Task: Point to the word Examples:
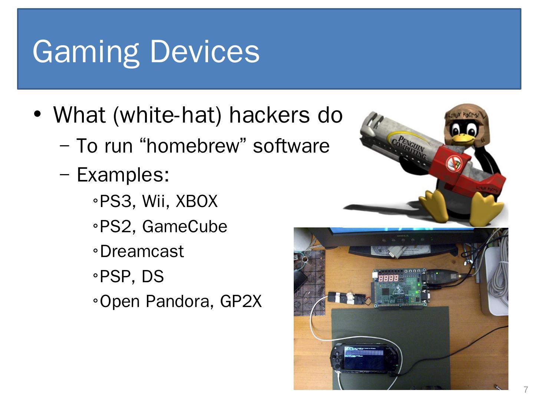pyautogui.click(x=123, y=174)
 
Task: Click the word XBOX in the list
pyautogui.click(x=196, y=201)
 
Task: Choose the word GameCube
pyautogui.click(x=184, y=226)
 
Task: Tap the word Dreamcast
pyautogui.click(x=142, y=251)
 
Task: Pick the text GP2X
pyautogui.click(x=241, y=301)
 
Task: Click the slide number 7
pyautogui.click(x=525, y=390)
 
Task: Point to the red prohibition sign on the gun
pyautogui.click(x=453, y=162)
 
